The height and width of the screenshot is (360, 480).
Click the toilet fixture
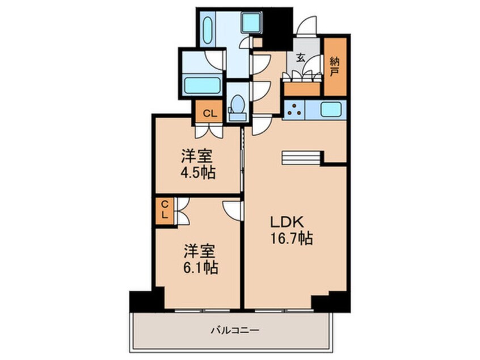coord(238,108)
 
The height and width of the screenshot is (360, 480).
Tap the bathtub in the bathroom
coord(203,86)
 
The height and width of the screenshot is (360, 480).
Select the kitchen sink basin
coord(331,110)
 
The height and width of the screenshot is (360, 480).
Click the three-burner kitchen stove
coord(294,110)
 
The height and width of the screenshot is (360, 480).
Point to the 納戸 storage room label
coord(335,68)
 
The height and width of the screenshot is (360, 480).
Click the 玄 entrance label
coord(301,57)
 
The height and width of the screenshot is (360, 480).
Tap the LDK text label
coord(287,222)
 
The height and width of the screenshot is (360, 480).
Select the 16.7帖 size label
coord(291,238)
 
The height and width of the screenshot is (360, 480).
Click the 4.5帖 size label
coord(198,173)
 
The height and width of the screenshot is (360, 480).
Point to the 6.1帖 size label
coord(201,268)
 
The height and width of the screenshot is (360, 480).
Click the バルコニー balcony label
coord(235,330)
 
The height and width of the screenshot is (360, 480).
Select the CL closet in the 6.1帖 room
coord(165,210)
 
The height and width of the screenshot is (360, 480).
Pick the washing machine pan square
coord(252,22)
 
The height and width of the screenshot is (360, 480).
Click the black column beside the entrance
coord(278,28)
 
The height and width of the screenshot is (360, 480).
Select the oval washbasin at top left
coord(208,30)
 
